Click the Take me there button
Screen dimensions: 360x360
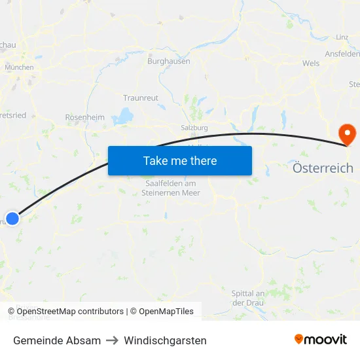pyautogui.click(x=180, y=160)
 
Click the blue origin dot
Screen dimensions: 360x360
pyautogui.click(x=12, y=218)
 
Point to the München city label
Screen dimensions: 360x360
pyautogui.click(x=19, y=67)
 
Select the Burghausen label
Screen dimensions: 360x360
pyautogui.click(x=169, y=61)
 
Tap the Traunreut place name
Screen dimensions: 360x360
pyautogui.click(x=141, y=98)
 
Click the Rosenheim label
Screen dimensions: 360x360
pyautogui.click(x=84, y=117)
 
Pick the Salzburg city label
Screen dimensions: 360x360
pyautogui.click(x=194, y=128)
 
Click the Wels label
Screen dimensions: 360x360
pyautogui.click(x=311, y=63)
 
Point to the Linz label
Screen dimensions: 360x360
pyautogui.click(x=341, y=37)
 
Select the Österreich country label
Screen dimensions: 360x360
pyautogui.click(x=323, y=168)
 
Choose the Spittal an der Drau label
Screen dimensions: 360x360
pyautogui.click(x=248, y=298)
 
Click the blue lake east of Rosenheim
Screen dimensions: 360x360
pyautogui.click(x=122, y=117)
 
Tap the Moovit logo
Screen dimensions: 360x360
pyautogui.click(x=320, y=340)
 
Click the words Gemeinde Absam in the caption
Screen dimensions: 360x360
pyautogui.click(x=57, y=340)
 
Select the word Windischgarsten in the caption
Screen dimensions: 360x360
pyautogui.click(x=165, y=340)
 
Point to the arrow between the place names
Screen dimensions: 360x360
pyautogui.click(x=112, y=340)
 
